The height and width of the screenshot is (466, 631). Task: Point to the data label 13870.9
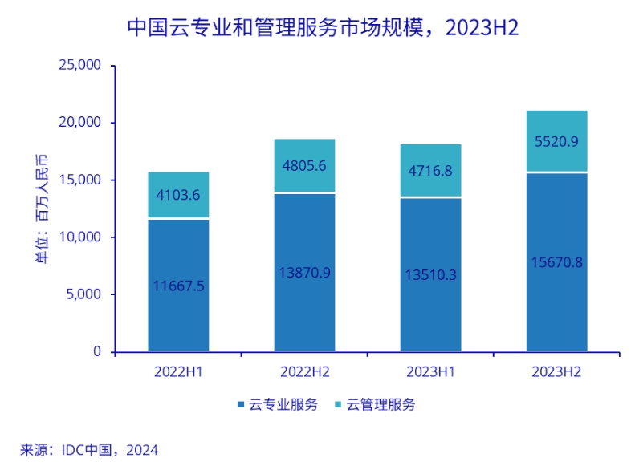tap(304, 273)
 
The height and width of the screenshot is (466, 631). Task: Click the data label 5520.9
tap(556, 142)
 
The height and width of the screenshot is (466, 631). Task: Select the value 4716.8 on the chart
tap(430, 171)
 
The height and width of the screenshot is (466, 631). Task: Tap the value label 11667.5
tap(178, 286)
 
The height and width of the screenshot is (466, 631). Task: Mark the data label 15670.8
tap(556, 262)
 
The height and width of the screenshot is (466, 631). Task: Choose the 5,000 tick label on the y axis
tap(84, 294)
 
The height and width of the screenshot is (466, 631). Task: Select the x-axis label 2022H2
tap(304, 372)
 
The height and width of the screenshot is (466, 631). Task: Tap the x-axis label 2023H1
tap(430, 372)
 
